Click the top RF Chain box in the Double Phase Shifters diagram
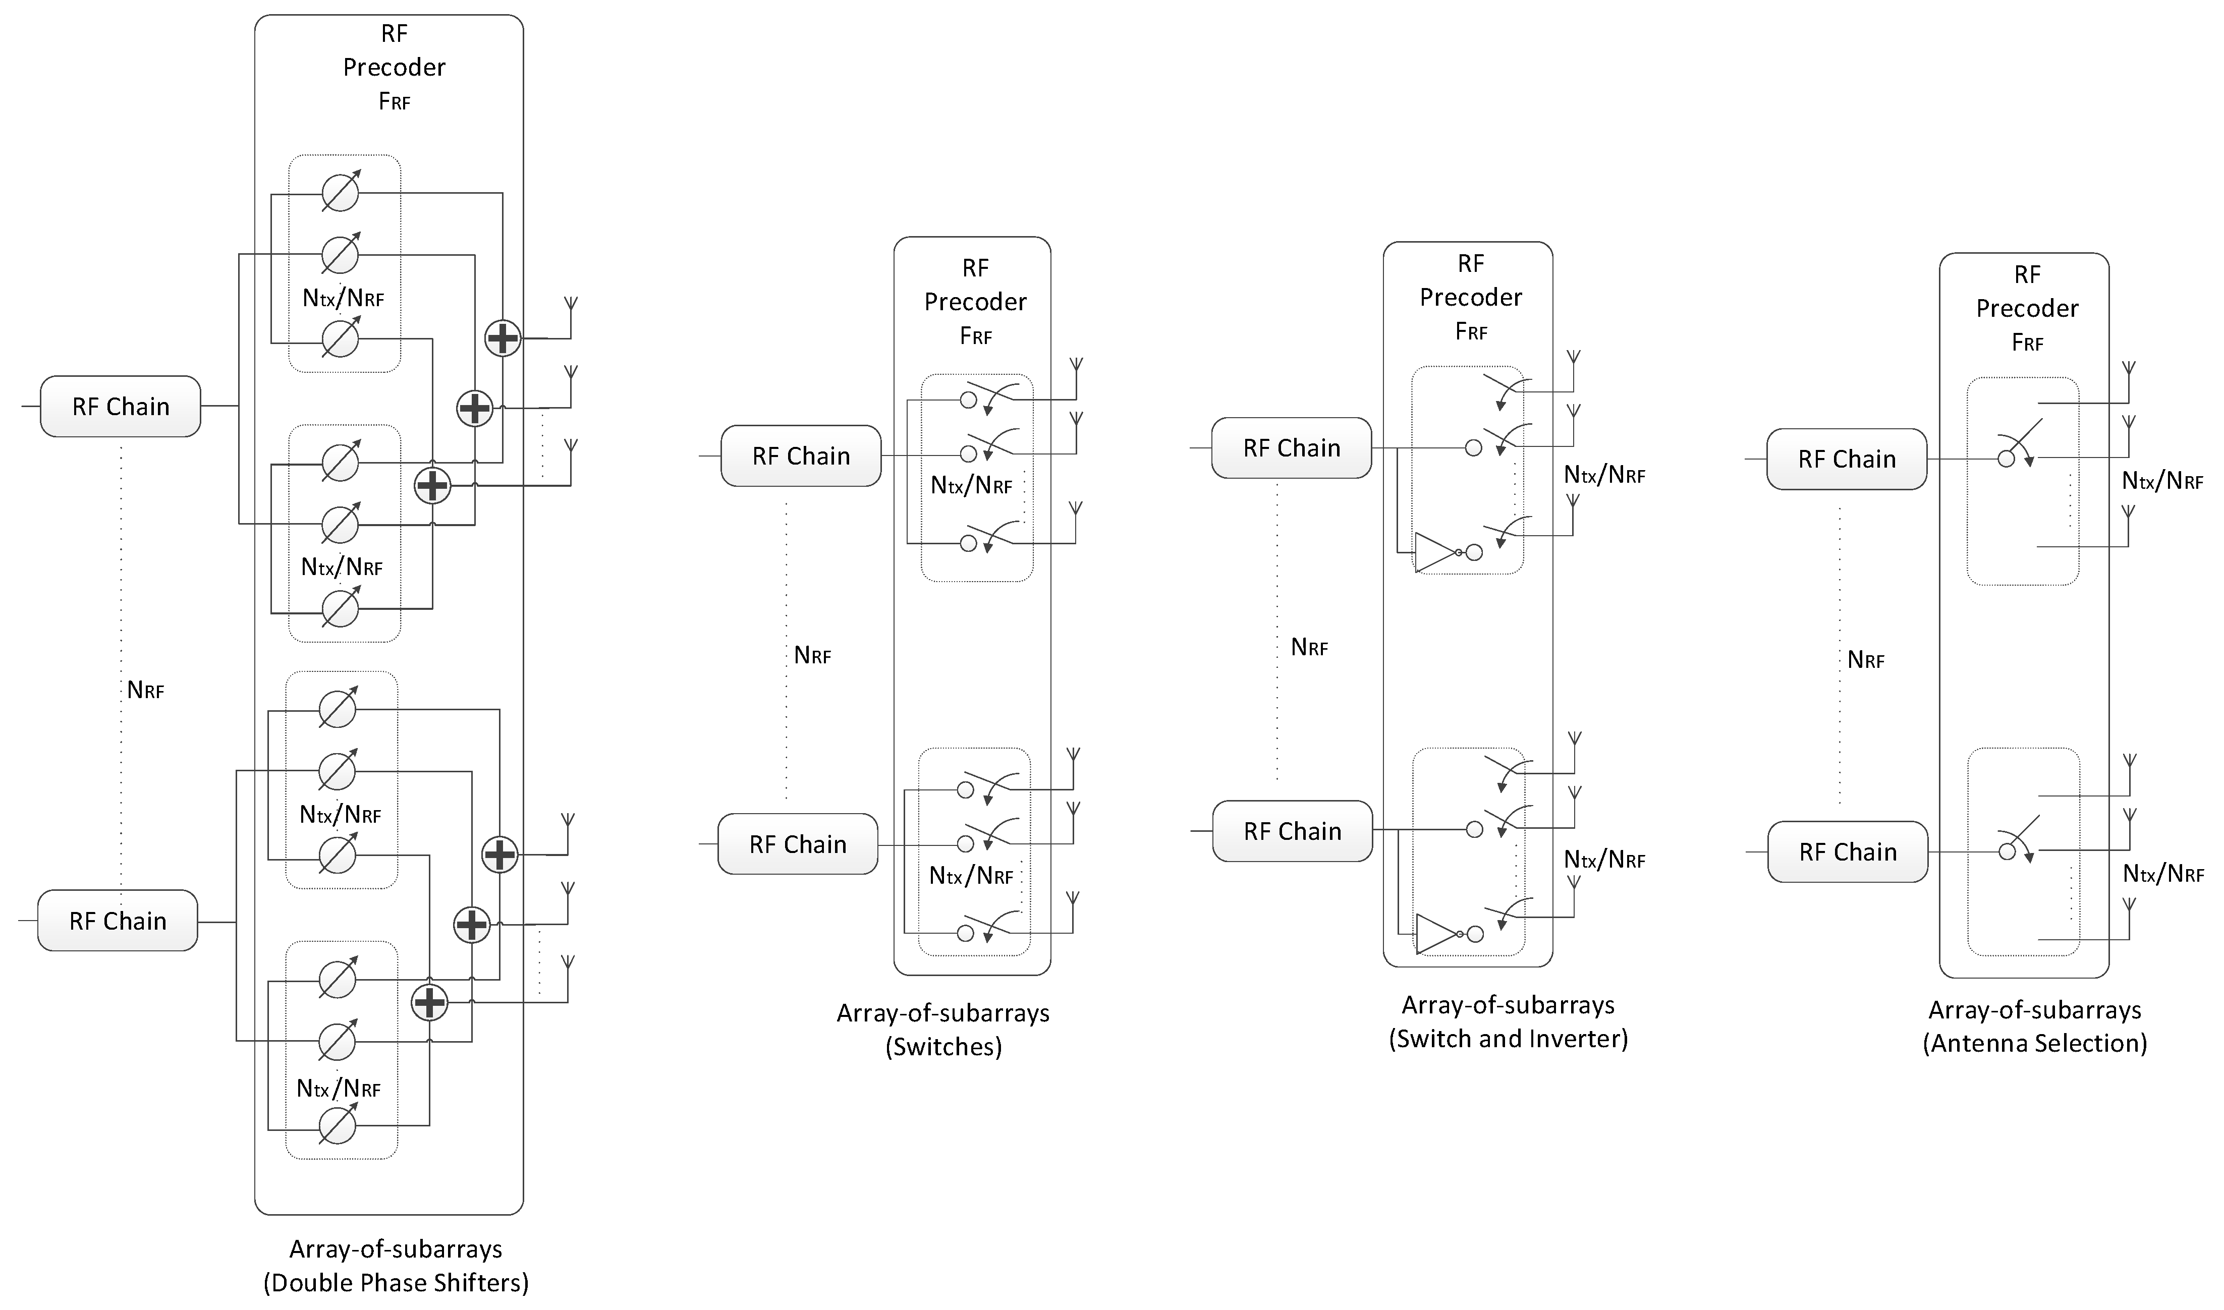click(120, 406)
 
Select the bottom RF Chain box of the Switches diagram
click(797, 844)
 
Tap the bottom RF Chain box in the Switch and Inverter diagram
click(1292, 831)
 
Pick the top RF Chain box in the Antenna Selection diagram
click(1846, 459)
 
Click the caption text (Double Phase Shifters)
click(396, 1282)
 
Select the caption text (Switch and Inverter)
click(1508, 1038)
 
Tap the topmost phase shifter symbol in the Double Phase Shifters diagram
click(340, 193)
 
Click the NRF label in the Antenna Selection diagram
click(1866, 660)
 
